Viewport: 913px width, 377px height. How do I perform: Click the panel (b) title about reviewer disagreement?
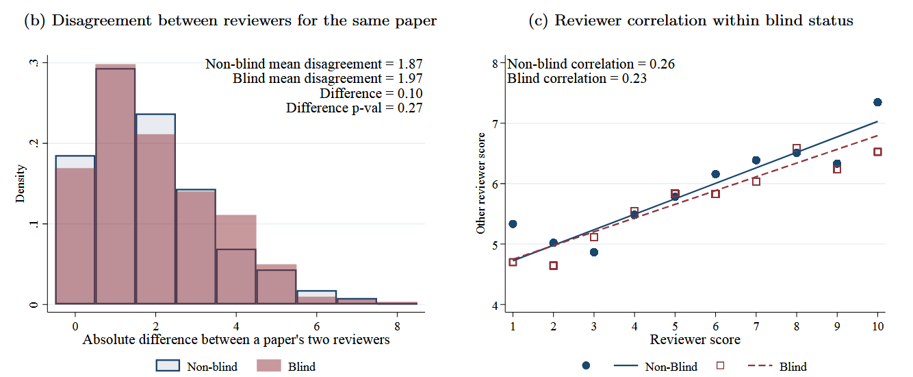click(230, 21)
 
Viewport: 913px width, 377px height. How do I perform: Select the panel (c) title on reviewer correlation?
click(692, 21)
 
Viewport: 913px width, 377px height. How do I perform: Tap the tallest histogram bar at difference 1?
click(115, 185)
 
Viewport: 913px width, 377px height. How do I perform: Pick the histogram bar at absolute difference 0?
click(75, 233)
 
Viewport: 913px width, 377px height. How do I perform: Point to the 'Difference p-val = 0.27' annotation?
click(354, 108)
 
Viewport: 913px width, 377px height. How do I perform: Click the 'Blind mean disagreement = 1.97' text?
click(327, 79)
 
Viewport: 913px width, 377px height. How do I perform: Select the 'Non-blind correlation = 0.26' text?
click(591, 64)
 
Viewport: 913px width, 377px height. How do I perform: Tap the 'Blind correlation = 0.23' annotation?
click(577, 79)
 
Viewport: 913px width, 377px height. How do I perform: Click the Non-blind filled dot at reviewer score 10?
click(877, 102)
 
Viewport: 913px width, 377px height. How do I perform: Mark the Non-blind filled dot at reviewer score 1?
click(513, 224)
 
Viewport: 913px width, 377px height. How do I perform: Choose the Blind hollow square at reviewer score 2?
click(553, 265)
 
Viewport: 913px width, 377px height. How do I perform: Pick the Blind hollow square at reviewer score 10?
click(877, 152)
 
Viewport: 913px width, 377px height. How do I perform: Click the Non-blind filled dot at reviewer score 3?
click(594, 252)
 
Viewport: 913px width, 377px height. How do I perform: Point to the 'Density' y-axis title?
click(21, 183)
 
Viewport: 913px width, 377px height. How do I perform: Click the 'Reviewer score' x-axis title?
click(695, 339)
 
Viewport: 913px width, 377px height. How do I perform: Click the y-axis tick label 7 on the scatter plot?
click(495, 123)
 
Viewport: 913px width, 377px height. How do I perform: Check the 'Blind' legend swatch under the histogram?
click(268, 366)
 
